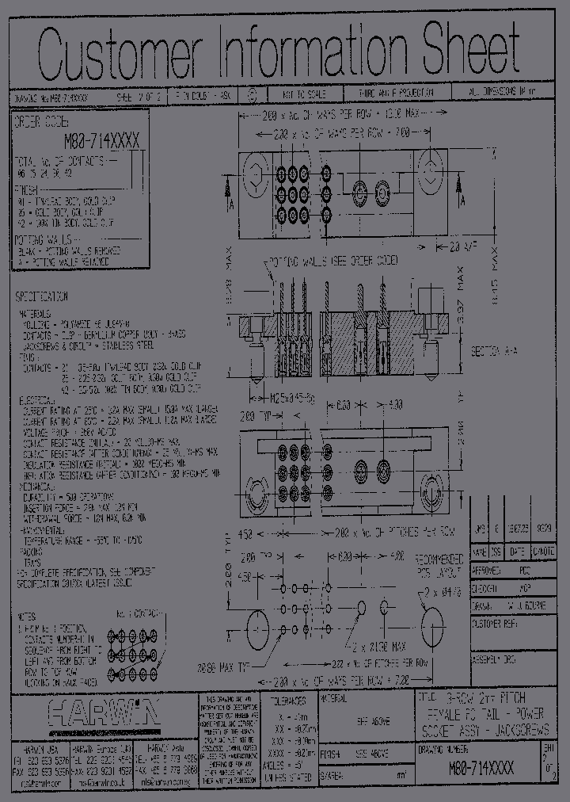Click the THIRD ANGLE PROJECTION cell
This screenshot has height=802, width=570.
tap(396, 94)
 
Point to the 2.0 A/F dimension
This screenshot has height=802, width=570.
tap(465, 248)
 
